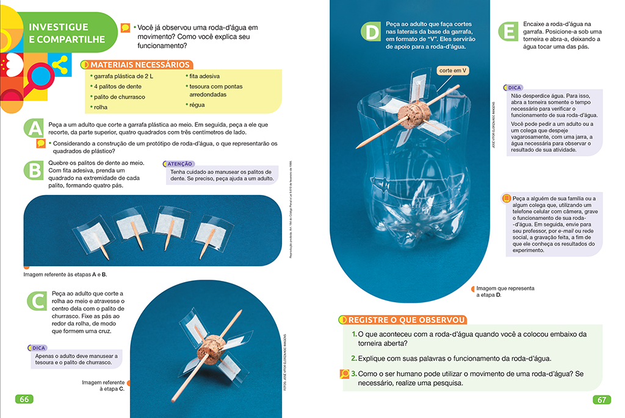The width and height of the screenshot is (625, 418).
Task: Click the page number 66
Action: tap(24, 400)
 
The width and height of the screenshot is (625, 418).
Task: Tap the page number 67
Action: tap(601, 400)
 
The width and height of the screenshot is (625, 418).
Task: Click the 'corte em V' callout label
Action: tap(453, 71)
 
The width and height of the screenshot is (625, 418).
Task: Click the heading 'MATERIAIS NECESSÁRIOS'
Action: tap(140, 64)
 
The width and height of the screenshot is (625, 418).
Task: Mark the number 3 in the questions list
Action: tap(353, 372)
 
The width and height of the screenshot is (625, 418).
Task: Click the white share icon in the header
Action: tap(59, 63)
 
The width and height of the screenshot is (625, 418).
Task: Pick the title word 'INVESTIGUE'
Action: tap(59, 27)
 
